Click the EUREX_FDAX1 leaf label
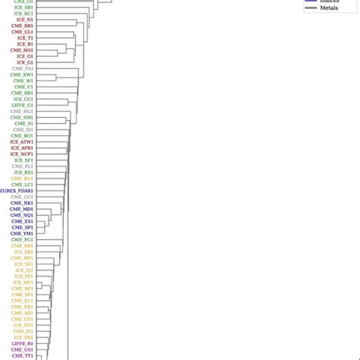(x=17, y=191)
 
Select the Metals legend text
(x=329, y=8)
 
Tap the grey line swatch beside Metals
(x=310, y=8)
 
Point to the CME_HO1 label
(x=22, y=50)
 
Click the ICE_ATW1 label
(x=22, y=142)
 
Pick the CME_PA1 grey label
(x=23, y=68)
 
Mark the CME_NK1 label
(x=22, y=203)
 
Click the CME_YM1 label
(x=22, y=233)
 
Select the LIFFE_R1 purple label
(x=22, y=343)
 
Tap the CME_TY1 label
(x=23, y=355)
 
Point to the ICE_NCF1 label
(x=22, y=154)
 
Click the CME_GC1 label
(x=23, y=197)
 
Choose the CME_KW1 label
(x=22, y=74)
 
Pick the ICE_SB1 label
(x=24, y=8)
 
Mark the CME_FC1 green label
(x=23, y=239)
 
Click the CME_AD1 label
(x=23, y=313)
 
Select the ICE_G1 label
(x=25, y=62)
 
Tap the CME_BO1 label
(x=23, y=136)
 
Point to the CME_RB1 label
(x=22, y=26)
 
